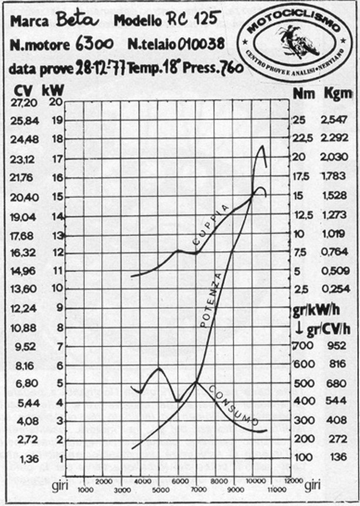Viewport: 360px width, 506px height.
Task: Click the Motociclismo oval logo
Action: [291, 39]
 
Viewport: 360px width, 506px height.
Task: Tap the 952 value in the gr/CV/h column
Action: [335, 345]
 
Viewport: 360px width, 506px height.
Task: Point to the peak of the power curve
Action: [262, 147]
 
